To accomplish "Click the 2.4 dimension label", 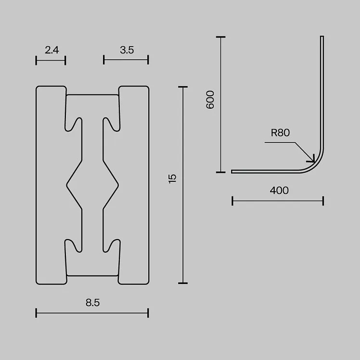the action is [x=51, y=50].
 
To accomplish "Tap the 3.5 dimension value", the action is [x=127, y=50].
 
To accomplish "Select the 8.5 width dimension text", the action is [x=92, y=303].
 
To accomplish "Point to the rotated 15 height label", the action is [x=172, y=179].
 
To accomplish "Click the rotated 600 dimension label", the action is [x=210, y=100].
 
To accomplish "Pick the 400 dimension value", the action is [x=279, y=190].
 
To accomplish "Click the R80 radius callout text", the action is [x=280, y=133].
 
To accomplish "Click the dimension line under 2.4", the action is [x=51, y=60].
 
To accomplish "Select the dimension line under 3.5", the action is [x=126, y=60].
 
